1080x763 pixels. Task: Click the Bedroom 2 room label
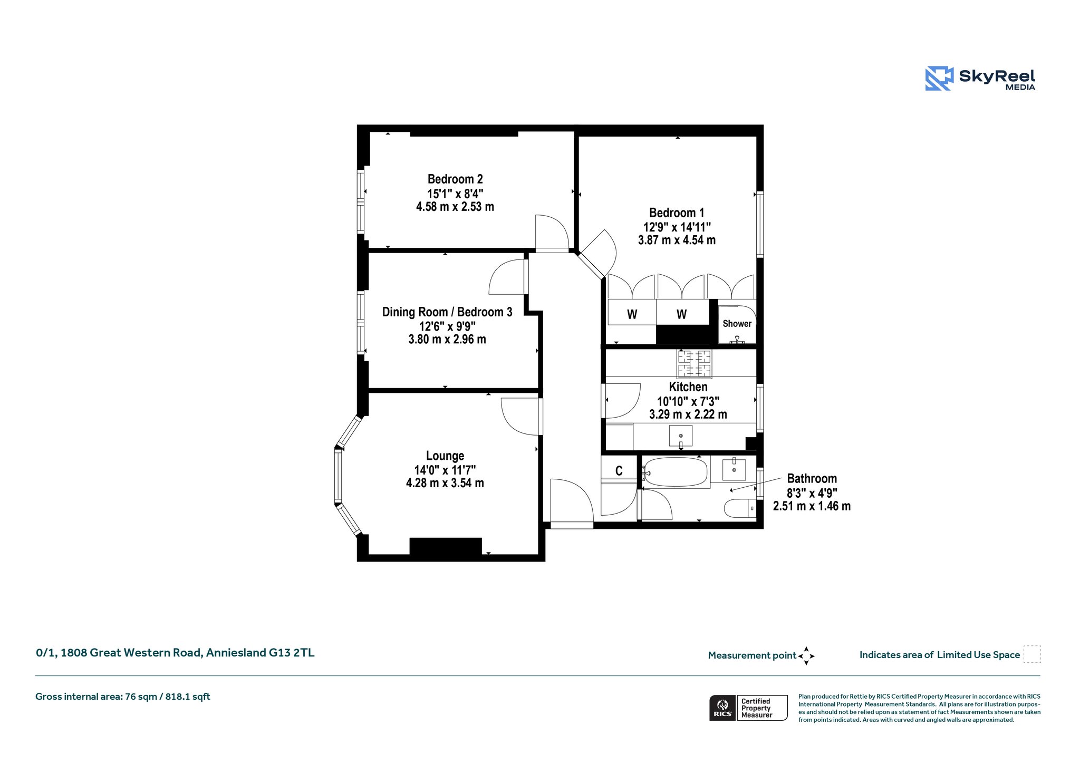455,179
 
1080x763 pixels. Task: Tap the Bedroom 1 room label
677,213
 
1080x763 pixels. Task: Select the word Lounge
445,456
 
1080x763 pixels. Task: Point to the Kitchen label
688,387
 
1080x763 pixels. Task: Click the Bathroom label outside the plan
812,479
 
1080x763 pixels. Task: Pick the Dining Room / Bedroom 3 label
447,312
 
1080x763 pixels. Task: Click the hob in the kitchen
695,364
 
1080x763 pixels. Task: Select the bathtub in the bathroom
675,472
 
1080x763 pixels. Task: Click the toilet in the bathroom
740,508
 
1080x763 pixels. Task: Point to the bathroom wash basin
734,469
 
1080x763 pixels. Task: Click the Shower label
737,324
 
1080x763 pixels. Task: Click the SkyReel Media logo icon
939,79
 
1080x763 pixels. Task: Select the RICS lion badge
722,708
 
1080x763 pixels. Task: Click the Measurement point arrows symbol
806,656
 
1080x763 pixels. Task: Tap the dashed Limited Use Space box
1032,654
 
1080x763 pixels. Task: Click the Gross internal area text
123,697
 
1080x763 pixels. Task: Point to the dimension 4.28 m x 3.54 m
445,483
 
